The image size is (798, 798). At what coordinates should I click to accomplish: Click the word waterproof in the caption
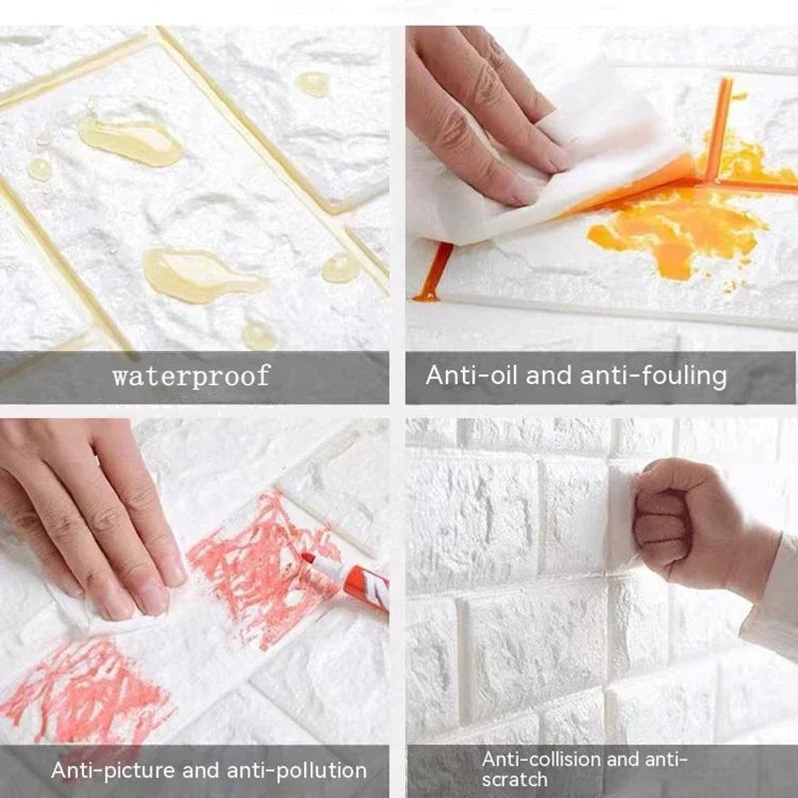(x=191, y=376)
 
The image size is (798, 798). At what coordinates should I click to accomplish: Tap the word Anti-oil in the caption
(x=466, y=376)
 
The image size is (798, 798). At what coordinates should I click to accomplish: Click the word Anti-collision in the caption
(x=541, y=760)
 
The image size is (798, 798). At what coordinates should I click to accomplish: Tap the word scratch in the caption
(x=515, y=779)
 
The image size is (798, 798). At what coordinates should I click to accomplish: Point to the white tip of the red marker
(x=308, y=559)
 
